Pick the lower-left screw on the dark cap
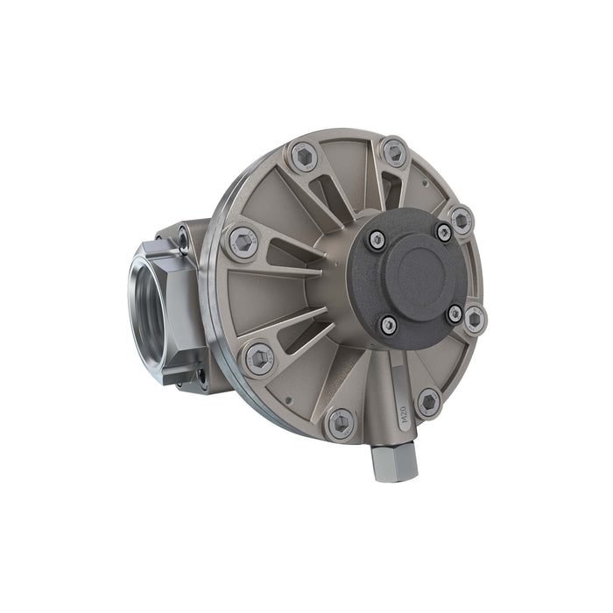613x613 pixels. click(x=388, y=325)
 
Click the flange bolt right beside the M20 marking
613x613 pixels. click(x=427, y=403)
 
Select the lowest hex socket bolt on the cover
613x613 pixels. click(x=340, y=424)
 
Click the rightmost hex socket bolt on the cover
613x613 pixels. click(x=474, y=319)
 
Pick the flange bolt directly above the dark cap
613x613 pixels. click(x=393, y=153)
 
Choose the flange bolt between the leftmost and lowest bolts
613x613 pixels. click(x=258, y=358)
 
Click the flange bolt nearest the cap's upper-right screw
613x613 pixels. click(x=461, y=219)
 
